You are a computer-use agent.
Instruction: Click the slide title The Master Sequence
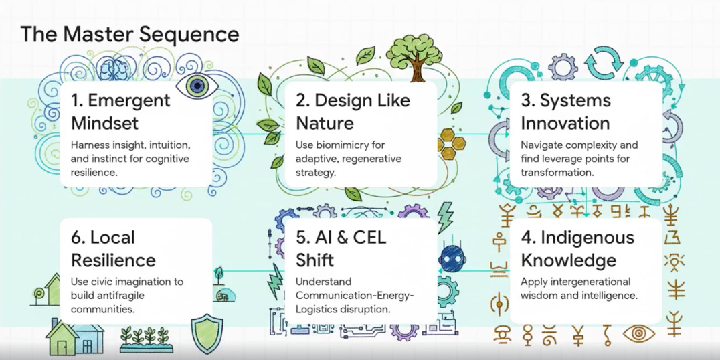(x=129, y=34)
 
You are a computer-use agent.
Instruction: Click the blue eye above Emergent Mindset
(x=197, y=85)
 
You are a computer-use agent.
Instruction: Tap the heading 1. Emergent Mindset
(x=120, y=112)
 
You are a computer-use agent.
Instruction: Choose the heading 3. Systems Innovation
(x=566, y=112)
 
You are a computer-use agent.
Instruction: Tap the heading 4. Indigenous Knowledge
(x=577, y=248)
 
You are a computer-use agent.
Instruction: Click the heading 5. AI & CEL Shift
(x=341, y=248)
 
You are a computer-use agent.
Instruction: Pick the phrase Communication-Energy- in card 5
(x=355, y=296)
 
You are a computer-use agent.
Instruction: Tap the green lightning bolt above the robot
(x=445, y=216)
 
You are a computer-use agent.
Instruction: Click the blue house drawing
(x=74, y=335)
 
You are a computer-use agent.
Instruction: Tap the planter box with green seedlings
(x=146, y=339)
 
